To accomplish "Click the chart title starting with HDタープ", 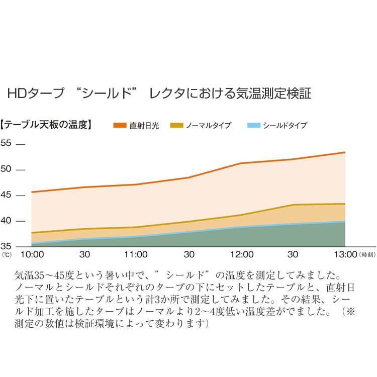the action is coord(159,93).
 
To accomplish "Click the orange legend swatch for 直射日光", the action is coord(120,125).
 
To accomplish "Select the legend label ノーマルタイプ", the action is coord(209,125).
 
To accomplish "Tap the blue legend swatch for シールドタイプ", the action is coord(254,125).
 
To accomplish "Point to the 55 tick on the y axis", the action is coord(6,143).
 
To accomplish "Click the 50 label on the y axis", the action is coord(6,169).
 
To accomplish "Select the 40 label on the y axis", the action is coord(6,220).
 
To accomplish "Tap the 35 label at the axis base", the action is coord(6,246).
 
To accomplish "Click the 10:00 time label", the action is coord(32,254).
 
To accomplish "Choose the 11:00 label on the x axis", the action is coord(136,254).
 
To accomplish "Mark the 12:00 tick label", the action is coord(242,254).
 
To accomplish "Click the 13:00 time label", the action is coord(345,254).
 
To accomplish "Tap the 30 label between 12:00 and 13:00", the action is coord(293,254).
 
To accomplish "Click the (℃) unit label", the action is coord(7,255).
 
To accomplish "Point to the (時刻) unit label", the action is coord(367,255).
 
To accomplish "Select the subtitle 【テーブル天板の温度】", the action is coord(46,125).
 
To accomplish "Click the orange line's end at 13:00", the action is coord(345,152).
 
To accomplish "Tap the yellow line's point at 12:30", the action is coord(294,205).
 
